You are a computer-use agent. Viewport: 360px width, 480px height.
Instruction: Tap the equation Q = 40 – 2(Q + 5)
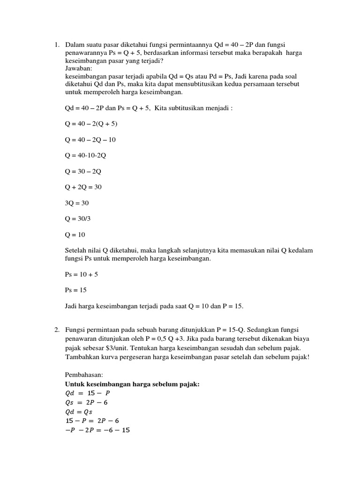point(91,124)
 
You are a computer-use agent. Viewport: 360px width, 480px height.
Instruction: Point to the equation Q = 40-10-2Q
point(85,155)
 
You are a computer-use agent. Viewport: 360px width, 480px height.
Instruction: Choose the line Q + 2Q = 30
point(83,187)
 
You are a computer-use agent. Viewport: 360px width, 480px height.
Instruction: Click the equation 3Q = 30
point(77,203)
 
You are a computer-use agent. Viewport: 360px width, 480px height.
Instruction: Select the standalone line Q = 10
point(75,235)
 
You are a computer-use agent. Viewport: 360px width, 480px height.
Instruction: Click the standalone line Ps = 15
point(76,290)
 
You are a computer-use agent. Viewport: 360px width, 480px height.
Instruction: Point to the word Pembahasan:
point(84,375)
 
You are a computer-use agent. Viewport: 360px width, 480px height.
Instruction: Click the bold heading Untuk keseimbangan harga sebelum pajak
point(132,384)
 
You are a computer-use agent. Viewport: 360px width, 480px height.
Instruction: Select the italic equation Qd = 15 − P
point(85,393)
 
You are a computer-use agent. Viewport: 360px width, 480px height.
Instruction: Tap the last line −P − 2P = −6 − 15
point(97,429)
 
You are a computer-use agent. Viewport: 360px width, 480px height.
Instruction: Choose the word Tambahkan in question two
point(82,358)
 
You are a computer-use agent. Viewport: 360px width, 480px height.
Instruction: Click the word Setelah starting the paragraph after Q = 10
point(76,250)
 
